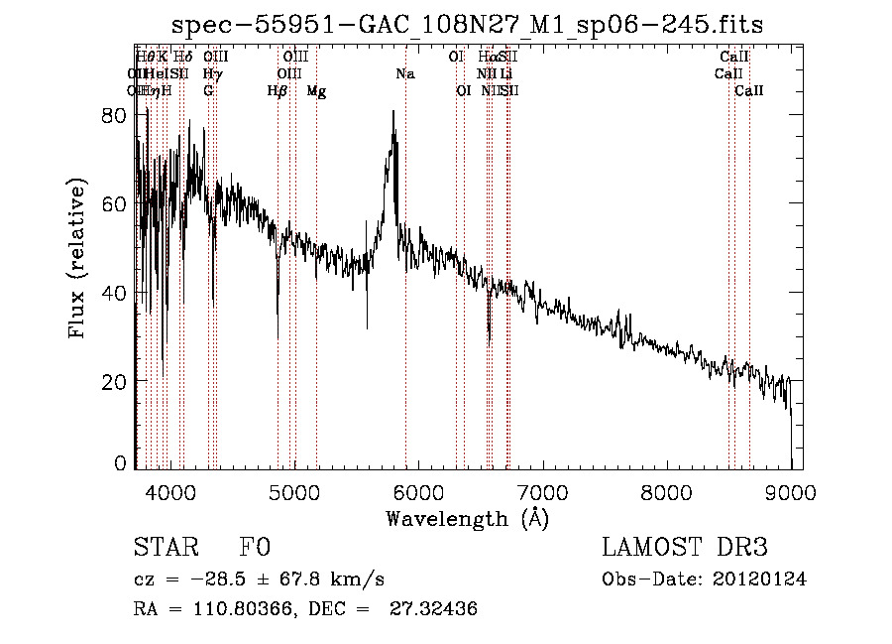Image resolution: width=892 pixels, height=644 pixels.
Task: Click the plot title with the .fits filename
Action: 467,24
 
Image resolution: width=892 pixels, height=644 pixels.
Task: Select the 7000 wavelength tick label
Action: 543,492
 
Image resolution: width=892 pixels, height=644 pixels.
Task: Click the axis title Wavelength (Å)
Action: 467,518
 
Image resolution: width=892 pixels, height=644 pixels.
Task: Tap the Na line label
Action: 405,74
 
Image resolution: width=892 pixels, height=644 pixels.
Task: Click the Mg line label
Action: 316,91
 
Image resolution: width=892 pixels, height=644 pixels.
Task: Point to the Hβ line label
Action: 277,91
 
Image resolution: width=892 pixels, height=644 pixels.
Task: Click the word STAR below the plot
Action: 161,548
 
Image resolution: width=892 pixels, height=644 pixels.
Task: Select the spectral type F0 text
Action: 255,548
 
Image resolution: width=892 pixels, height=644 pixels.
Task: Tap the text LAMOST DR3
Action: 684,548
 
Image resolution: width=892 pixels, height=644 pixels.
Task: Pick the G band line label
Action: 208,91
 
